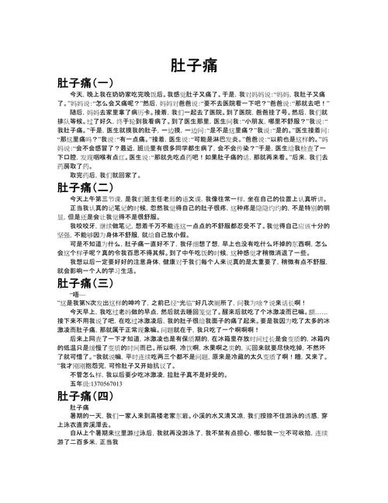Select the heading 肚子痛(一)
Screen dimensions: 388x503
[85, 82]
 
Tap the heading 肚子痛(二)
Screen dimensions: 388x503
[85, 187]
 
